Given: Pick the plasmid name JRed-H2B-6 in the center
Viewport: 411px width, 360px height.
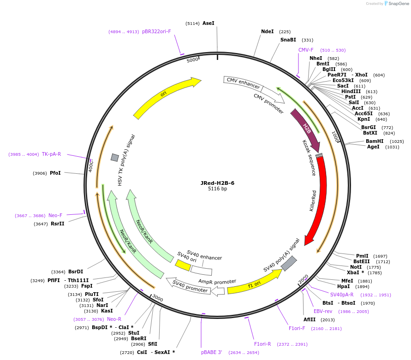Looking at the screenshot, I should coord(217,183).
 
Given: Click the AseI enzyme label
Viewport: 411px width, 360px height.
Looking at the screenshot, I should coord(208,23).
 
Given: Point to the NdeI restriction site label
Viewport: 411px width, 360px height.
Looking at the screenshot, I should coord(268,32).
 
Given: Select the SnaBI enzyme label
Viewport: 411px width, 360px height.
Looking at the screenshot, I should coord(288,40).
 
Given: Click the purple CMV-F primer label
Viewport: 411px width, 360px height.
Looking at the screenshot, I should coord(306,50).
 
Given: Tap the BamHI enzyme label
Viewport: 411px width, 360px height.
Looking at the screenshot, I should coord(375,141).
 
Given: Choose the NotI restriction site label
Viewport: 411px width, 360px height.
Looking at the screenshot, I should coord(356,267).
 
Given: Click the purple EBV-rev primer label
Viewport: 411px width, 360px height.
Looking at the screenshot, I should coord(323,311).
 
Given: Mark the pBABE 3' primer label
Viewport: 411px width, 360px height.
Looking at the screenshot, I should coord(212,352).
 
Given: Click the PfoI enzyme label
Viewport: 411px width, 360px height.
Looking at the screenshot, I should coord(55,173).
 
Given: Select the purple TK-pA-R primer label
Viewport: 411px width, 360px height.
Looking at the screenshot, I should coord(51,154).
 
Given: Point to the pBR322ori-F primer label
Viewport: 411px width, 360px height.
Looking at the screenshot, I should coord(156,31).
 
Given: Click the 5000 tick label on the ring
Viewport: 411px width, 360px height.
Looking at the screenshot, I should coord(192,59).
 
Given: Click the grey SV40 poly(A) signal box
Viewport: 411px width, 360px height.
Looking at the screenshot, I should coord(289,263).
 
